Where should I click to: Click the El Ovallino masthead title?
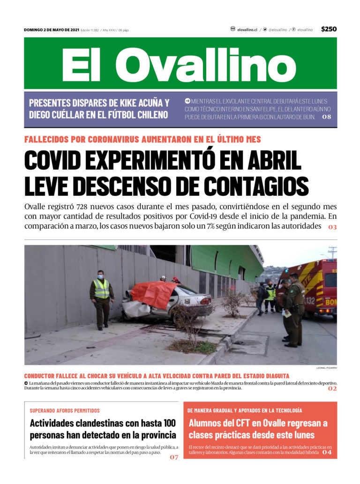tap(180, 64)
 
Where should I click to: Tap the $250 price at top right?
tap(329, 29)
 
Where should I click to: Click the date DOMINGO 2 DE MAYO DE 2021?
tap(51, 30)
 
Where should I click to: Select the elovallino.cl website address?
tap(247, 30)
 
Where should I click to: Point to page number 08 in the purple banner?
tap(326, 117)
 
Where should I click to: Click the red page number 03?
tap(332, 227)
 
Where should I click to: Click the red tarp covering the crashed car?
tap(153, 293)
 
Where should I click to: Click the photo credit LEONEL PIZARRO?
tap(326, 368)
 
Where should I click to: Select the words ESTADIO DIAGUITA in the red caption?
tap(264, 376)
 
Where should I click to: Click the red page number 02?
tap(332, 388)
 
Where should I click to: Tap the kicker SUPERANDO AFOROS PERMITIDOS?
tap(65, 410)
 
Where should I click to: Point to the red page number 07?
tap(174, 457)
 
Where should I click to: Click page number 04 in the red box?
tap(327, 453)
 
